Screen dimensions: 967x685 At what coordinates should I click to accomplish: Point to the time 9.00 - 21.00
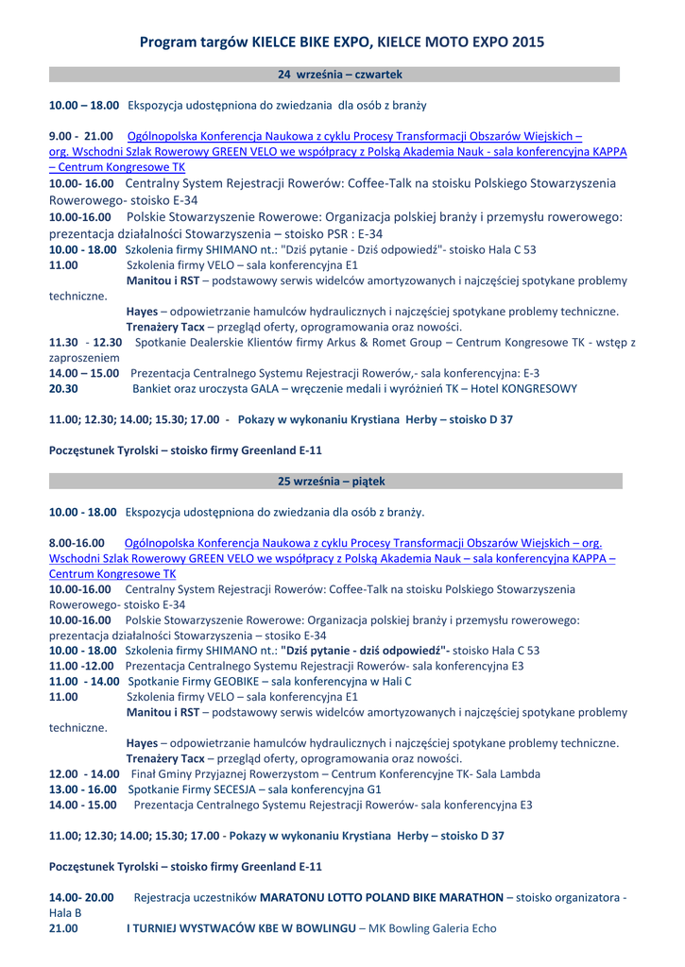[x=80, y=135]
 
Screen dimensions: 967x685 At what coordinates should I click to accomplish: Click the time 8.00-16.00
[x=77, y=543]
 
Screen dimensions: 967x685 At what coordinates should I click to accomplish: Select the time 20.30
[x=63, y=389]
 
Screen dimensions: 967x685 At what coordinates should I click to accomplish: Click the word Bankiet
[x=155, y=389]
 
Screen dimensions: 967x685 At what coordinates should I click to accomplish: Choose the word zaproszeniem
[x=84, y=359]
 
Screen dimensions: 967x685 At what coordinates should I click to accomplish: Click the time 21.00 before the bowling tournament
[x=63, y=929]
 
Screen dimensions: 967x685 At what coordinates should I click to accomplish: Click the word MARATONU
[x=294, y=896]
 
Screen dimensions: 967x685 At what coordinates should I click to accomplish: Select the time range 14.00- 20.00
[x=80, y=896]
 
